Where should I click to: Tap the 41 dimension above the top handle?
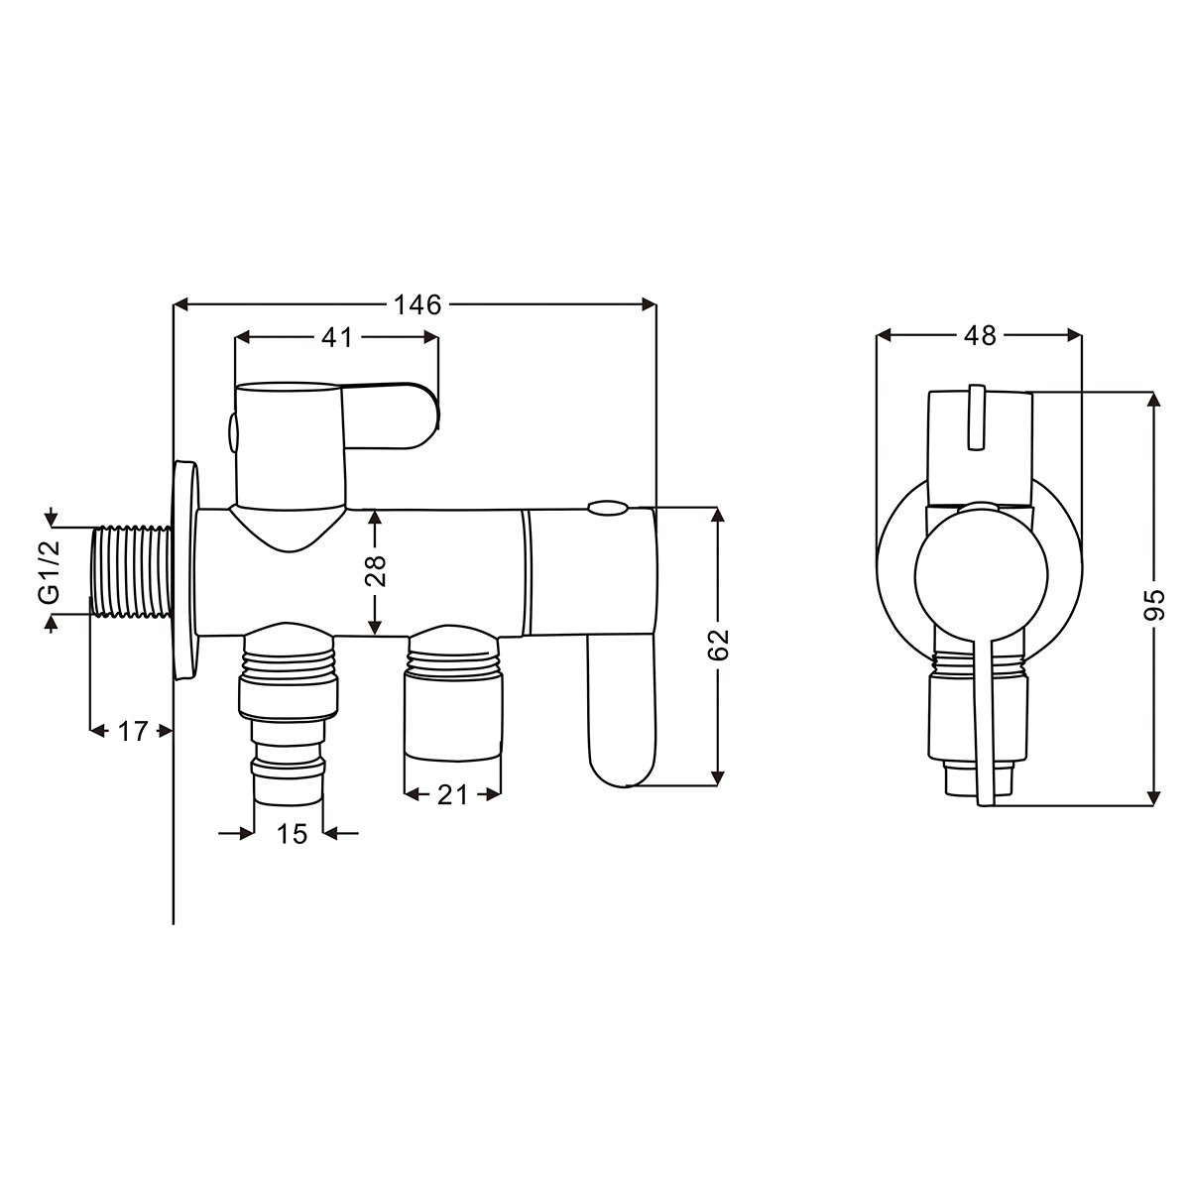(x=336, y=337)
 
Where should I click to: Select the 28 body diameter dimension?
(x=376, y=570)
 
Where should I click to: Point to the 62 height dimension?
(x=718, y=646)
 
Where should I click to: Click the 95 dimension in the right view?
(x=1152, y=605)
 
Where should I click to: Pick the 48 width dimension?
(x=980, y=335)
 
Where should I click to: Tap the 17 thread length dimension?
(x=132, y=731)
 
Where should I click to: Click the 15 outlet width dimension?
(x=292, y=834)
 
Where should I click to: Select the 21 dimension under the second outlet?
(x=452, y=795)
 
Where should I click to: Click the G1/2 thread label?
(x=50, y=570)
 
